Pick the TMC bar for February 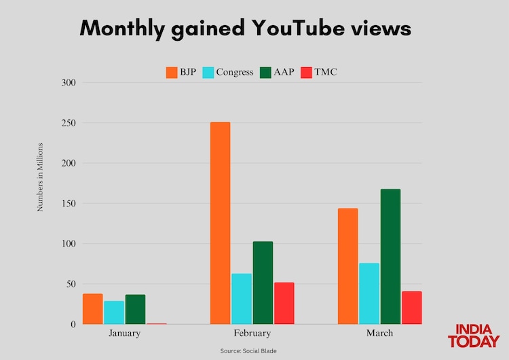(x=284, y=303)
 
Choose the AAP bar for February (x=263, y=283)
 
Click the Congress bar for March (x=369, y=293)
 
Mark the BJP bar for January (x=92, y=308)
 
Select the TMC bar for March (x=411, y=307)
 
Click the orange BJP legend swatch (x=171, y=72)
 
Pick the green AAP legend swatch (x=265, y=72)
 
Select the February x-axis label (x=252, y=334)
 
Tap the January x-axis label (x=124, y=334)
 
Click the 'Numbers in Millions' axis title (x=40, y=177)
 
